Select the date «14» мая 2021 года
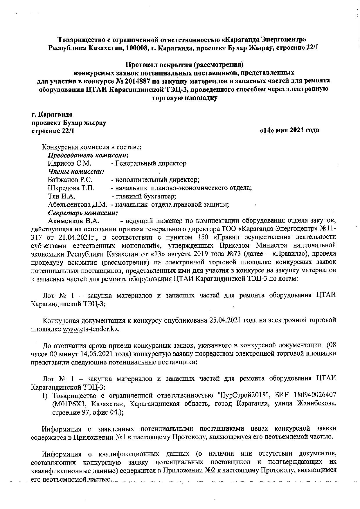click(289, 130)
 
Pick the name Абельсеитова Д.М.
click(78, 204)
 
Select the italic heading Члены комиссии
click(76, 172)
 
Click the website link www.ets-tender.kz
click(91, 329)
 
